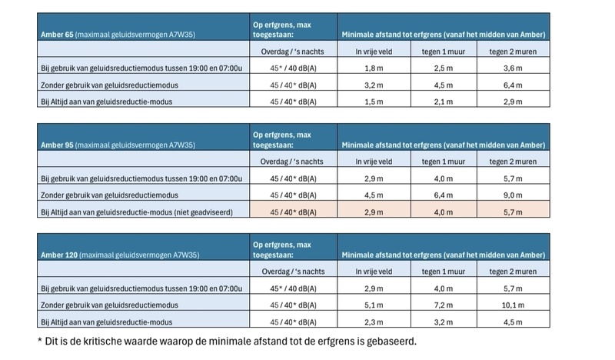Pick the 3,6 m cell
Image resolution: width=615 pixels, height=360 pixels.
(509, 68)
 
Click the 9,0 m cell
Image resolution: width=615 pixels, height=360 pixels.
(509, 195)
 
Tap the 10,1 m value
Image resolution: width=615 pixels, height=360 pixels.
(509, 305)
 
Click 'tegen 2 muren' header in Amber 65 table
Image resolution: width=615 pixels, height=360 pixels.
(509, 52)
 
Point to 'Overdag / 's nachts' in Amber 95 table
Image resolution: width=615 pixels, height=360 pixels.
(293, 161)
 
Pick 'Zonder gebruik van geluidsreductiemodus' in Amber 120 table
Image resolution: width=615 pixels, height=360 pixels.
(115, 305)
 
